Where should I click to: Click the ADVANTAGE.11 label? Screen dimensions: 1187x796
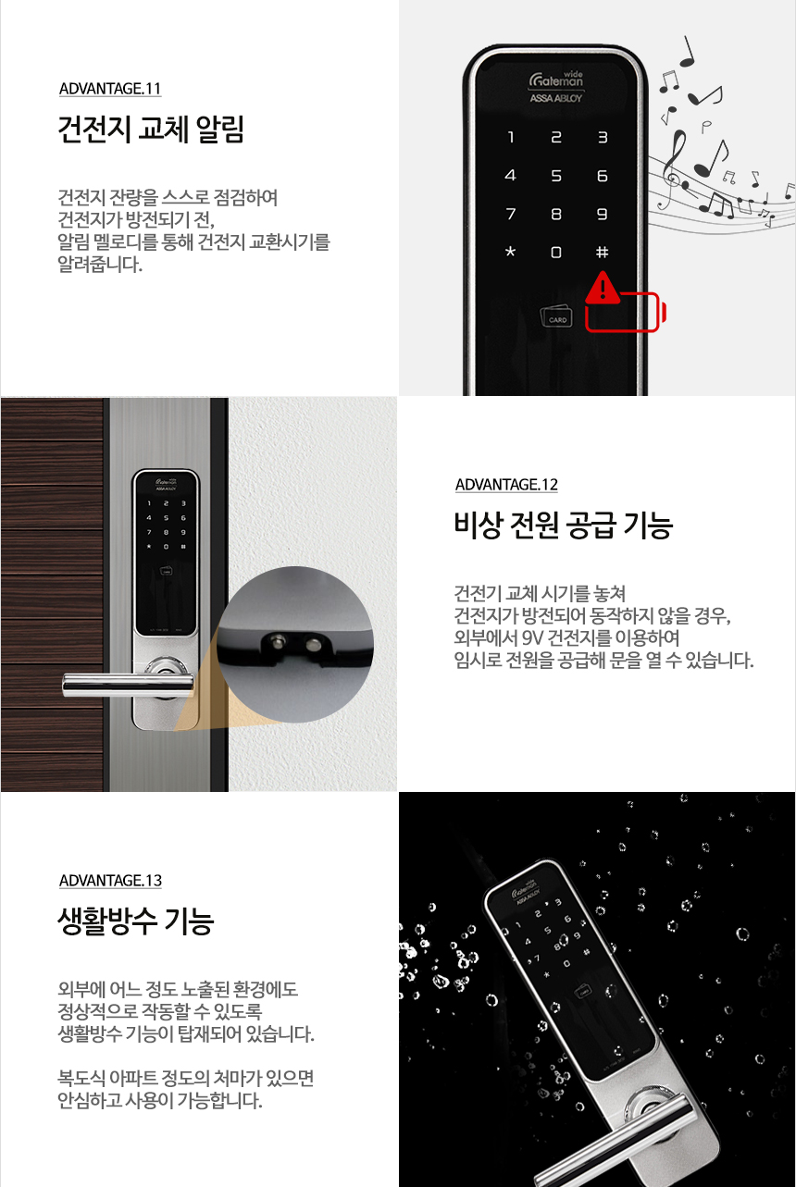[109, 89]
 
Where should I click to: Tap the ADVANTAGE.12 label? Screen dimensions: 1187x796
[506, 485]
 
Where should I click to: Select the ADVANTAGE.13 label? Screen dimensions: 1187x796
[109, 880]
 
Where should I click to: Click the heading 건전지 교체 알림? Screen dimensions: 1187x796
[150, 130]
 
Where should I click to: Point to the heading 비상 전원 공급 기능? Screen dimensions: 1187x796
[563, 525]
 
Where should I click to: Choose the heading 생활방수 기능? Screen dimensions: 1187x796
[135, 921]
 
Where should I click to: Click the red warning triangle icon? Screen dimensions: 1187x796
[603, 288]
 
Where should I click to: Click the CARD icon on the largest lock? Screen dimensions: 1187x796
[557, 316]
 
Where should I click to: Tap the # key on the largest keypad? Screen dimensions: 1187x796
[602, 252]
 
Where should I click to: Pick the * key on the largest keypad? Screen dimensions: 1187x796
[510, 252]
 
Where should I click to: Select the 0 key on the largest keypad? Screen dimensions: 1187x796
[556, 252]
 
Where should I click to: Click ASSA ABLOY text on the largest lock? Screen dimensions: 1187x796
[555, 98]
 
